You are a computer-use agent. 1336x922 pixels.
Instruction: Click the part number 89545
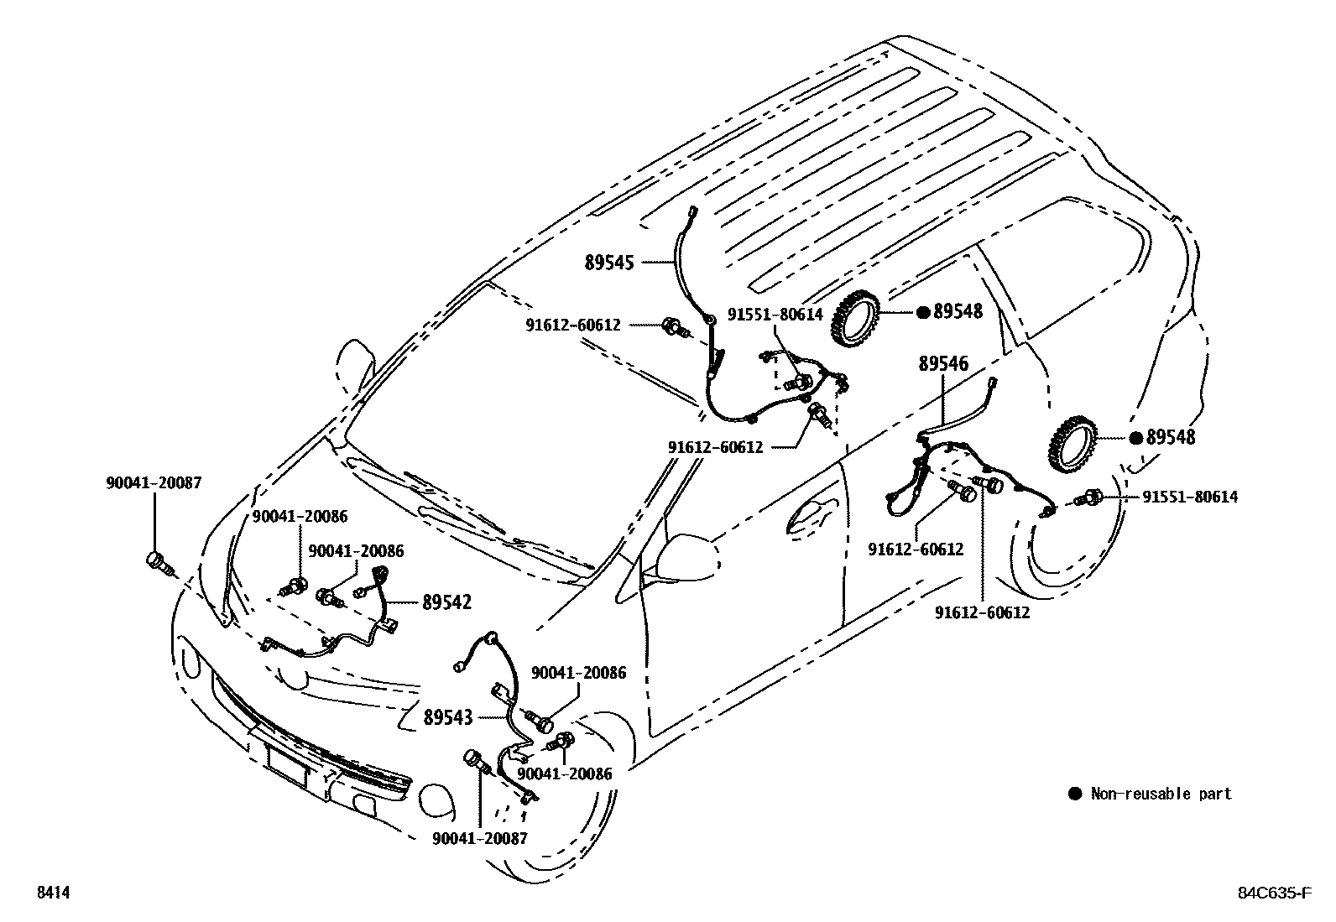click(x=609, y=263)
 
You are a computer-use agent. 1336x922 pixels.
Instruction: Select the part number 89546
click(x=943, y=364)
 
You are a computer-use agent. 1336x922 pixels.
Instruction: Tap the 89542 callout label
click(x=446, y=602)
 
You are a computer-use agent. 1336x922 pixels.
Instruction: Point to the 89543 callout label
click(x=448, y=717)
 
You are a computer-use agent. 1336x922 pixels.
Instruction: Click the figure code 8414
click(x=52, y=893)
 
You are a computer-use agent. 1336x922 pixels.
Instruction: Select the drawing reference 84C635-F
click(x=1272, y=893)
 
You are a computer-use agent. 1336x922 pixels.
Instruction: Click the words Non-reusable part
click(x=1161, y=794)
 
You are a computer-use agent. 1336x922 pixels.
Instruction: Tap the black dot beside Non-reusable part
click(x=1075, y=794)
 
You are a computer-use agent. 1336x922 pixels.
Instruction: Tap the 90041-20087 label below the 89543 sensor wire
click(x=480, y=838)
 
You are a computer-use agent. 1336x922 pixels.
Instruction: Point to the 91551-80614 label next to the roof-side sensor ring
click(x=775, y=314)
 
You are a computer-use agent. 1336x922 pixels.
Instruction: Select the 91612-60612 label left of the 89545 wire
click(x=573, y=324)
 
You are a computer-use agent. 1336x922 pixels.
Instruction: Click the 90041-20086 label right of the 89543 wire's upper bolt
click(x=578, y=673)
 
